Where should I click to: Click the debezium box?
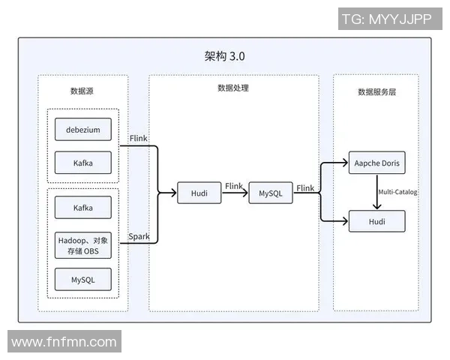82,130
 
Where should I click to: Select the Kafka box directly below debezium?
82,163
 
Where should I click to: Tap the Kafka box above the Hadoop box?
82,207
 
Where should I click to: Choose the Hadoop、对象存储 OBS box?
82,245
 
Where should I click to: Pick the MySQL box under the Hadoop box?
82,280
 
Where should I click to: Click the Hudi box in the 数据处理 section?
199,193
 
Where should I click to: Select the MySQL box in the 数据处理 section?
271,193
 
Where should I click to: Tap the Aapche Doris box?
376,163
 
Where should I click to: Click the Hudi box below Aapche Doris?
376,221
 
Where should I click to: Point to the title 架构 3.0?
224,57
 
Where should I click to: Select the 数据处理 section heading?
233,88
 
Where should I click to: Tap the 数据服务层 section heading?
376,91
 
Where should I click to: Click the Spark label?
139,237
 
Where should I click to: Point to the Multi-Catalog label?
397,192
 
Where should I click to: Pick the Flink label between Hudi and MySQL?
234,186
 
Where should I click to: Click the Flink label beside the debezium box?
139,139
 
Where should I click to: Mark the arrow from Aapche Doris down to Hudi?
376,192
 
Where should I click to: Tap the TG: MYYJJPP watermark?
386,19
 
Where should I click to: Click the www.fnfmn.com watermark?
64,343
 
